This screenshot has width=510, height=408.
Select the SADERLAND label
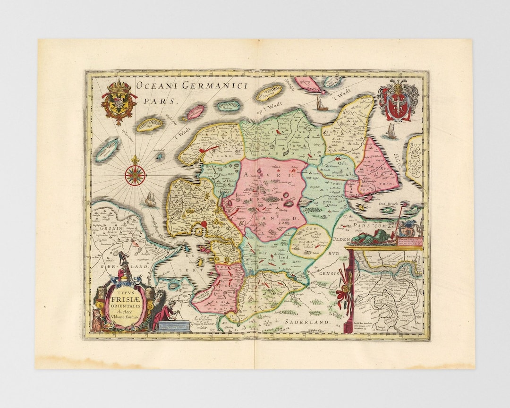(307, 322)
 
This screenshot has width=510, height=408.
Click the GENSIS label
(326, 273)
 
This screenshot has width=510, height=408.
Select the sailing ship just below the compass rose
(151, 199)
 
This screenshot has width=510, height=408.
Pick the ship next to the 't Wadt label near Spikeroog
(323, 103)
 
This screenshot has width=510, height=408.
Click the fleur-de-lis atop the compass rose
(135, 160)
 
